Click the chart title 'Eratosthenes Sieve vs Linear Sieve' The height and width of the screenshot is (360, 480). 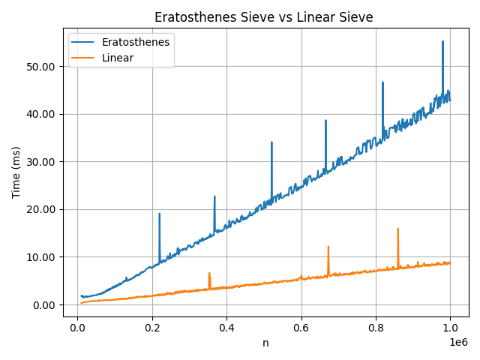263,17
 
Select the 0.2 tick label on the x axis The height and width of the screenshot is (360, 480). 151,328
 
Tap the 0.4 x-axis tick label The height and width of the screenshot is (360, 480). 226,328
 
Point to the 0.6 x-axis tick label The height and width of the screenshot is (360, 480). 301,328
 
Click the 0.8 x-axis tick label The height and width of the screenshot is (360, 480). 376,328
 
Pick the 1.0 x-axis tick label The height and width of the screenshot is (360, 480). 450,328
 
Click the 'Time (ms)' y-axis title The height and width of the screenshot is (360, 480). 16,172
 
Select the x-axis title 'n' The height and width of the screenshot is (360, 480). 265,343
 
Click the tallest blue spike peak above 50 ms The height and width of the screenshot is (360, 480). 442,42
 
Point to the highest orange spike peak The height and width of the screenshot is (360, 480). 397,229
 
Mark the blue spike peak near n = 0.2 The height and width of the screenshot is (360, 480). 159,214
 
